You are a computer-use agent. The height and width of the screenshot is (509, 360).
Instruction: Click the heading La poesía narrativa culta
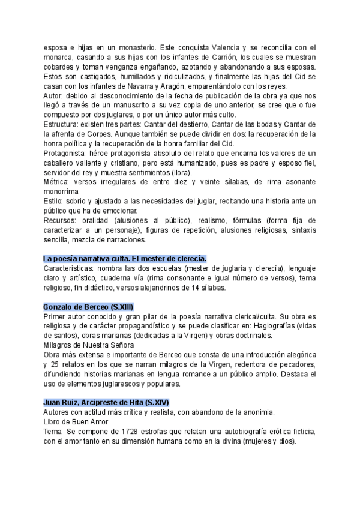point(124,258)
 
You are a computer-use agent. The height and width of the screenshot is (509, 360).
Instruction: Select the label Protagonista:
point(66,152)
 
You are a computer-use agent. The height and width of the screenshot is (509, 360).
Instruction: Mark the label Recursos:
point(61,220)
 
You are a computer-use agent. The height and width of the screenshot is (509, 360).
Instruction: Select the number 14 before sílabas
point(184,288)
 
